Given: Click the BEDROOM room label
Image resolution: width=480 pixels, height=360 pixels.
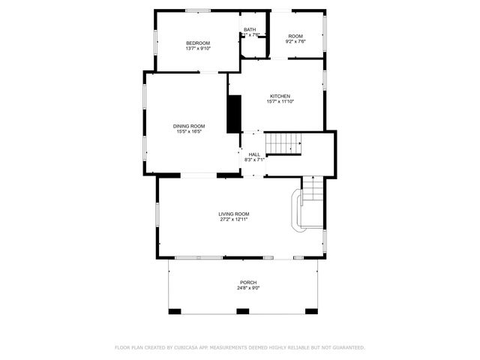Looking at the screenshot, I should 198,43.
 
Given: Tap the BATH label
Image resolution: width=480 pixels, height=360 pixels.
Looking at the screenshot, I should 249,30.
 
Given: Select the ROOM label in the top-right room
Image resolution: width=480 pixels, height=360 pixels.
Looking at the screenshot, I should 295,37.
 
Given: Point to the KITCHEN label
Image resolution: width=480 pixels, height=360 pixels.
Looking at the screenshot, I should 280,96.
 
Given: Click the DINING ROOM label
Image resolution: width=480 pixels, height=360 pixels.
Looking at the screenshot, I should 189,126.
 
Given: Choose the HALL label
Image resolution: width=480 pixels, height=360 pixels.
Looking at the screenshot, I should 254,154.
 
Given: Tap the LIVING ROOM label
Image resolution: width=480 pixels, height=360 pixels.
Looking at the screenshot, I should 234,214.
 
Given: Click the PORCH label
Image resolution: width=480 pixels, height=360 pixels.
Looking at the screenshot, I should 248,283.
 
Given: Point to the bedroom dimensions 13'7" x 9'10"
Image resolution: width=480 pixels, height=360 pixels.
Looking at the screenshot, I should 198,49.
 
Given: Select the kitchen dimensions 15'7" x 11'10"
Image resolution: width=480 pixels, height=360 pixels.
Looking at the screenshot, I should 280,102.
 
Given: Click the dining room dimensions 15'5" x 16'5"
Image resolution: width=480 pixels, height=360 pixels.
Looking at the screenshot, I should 189,132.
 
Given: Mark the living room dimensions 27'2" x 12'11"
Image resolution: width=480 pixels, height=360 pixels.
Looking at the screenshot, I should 234,220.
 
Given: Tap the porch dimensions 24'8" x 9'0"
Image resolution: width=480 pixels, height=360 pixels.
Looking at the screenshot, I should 248,288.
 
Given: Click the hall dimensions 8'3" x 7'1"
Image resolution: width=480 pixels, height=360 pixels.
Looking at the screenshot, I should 254,160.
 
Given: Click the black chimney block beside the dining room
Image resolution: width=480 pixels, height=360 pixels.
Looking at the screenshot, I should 233,113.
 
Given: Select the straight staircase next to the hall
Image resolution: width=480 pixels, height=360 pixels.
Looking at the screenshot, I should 284,143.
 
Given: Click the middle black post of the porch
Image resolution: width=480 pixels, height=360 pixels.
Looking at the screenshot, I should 242,310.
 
